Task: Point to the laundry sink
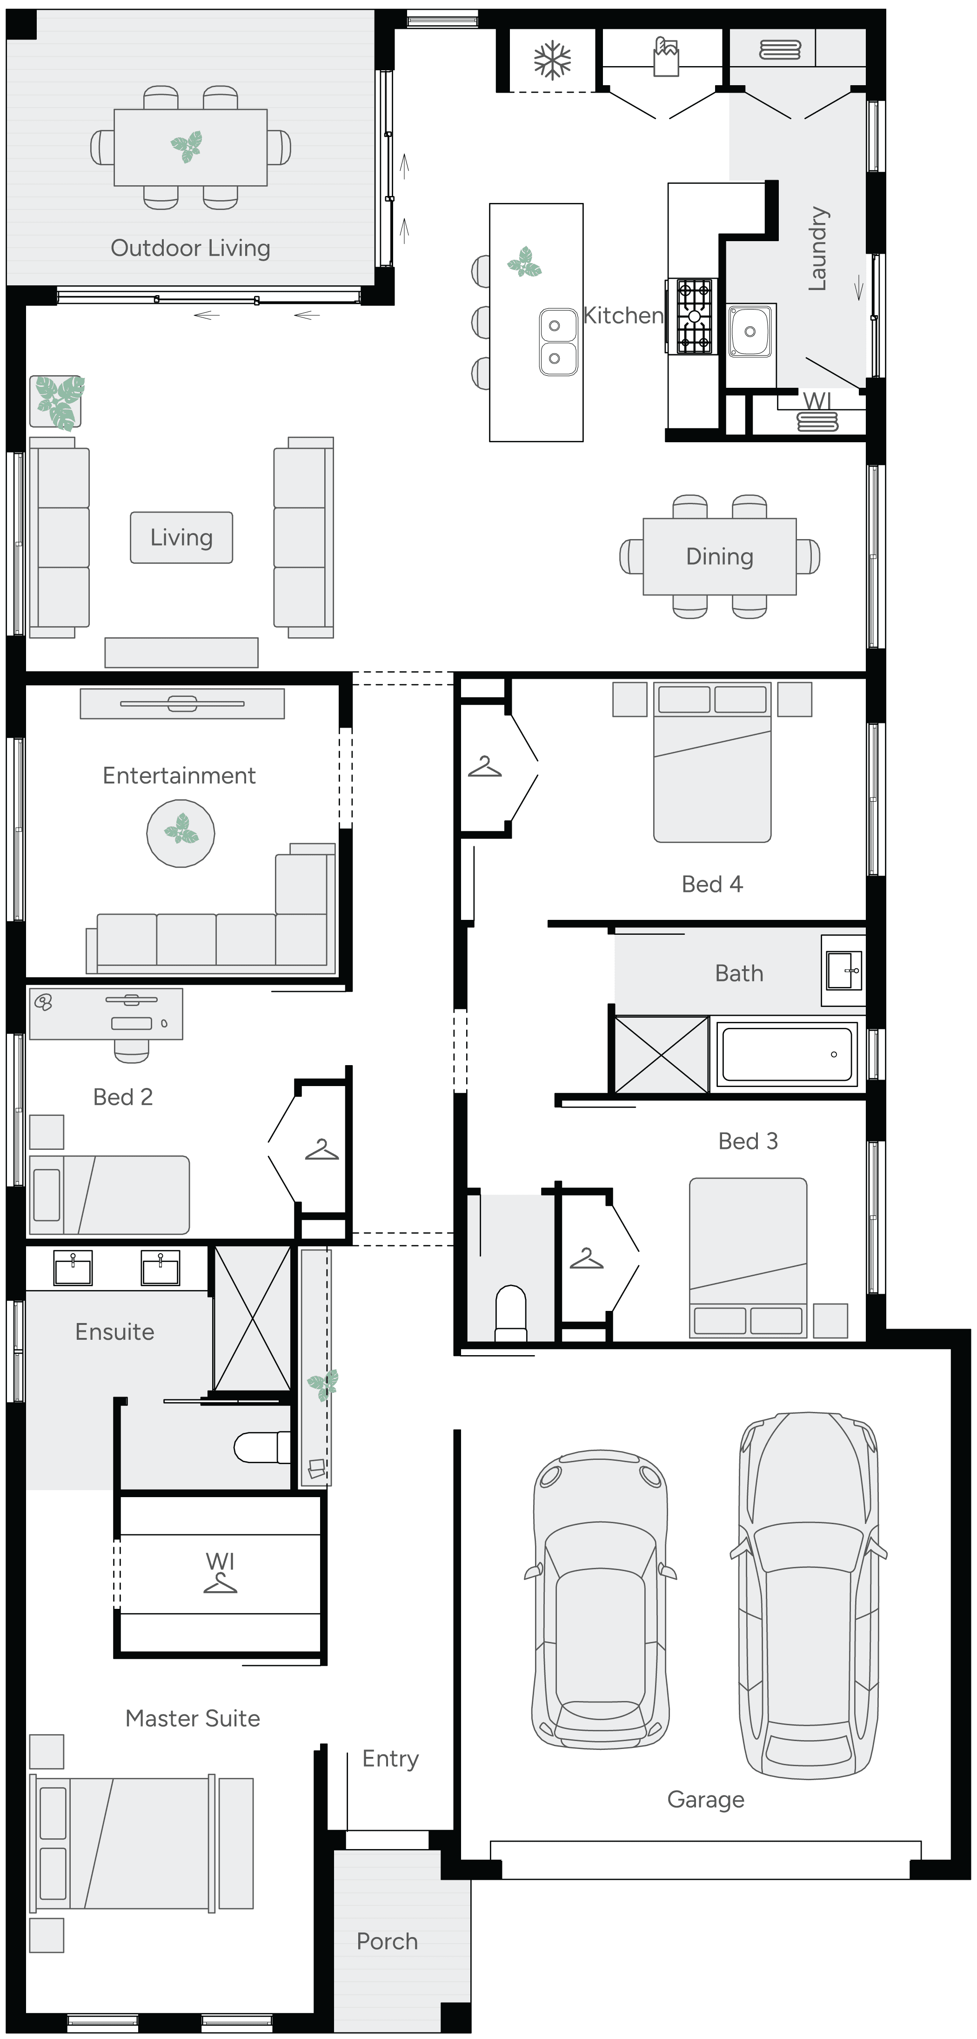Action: click(x=749, y=331)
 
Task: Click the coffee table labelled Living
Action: click(x=181, y=538)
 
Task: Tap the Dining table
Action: click(x=719, y=556)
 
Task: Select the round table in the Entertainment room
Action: click(x=181, y=833)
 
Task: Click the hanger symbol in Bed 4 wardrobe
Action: click(x=484, y=767)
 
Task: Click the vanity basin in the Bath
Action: click(x=843, y=971)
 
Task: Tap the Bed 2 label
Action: click(x=123, y=1097)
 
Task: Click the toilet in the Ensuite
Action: click(x=263, y=1447)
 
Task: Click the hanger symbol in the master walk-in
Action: click(x=220, y=1583)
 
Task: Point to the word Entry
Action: click(x=390, y=1759)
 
